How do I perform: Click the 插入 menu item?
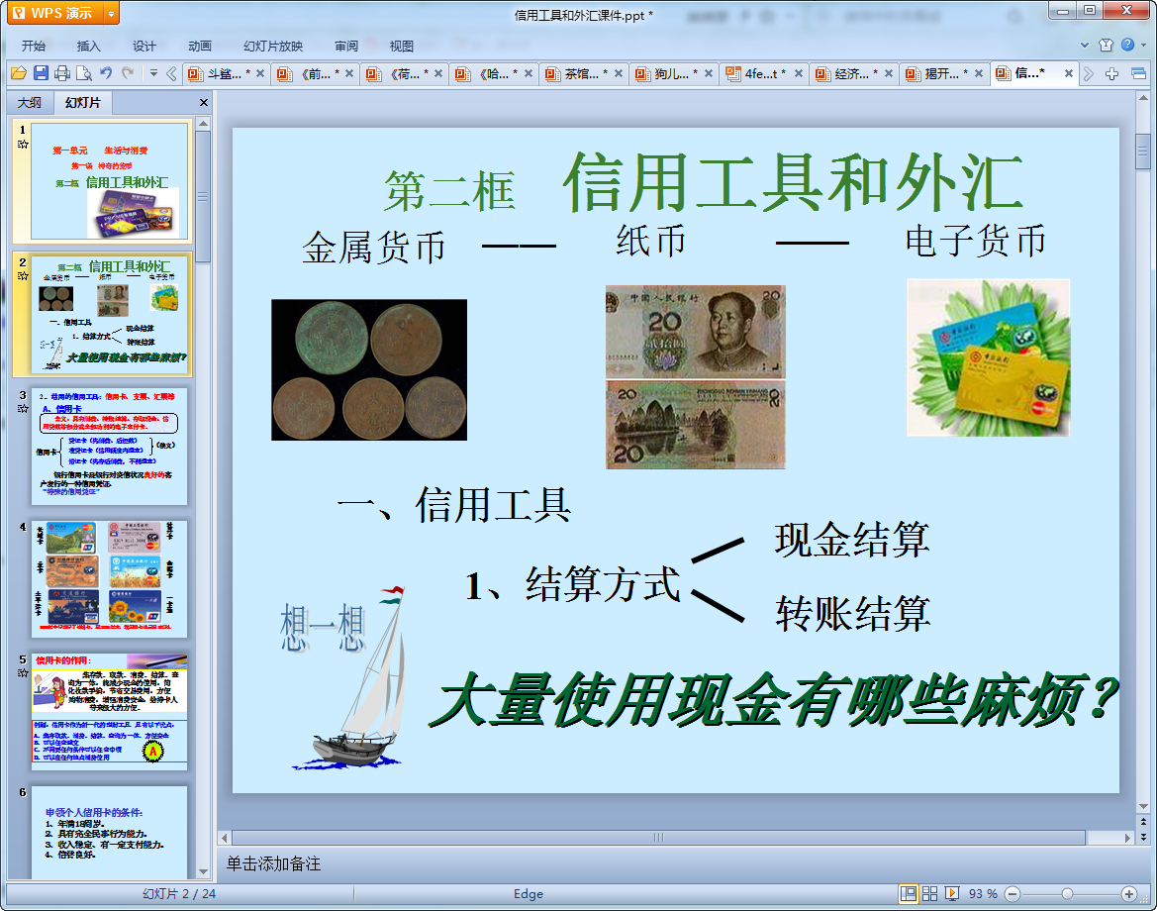[x=89, y=46]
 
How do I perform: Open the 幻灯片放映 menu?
[x=273, y=46]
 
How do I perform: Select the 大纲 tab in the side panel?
[x=30, y=103]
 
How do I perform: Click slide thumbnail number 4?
[x=109, y=578]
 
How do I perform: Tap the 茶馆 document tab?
[x=582, y=73]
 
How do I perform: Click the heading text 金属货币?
[x=373, y=248]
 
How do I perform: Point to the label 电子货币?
[x=975, y=241]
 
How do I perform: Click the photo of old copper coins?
[x=369, y=369]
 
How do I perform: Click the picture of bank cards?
[x=988, y=357]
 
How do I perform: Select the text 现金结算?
[x=852, y=541]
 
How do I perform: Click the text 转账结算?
[x=852, y=614]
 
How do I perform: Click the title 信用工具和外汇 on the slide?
[x=792, y=184]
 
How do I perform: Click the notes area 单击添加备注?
[x=274, y=863]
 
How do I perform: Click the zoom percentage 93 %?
[x=983, y=894]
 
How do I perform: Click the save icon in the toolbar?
[x=41, y=73]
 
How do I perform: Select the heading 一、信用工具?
[x=454, y=505]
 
